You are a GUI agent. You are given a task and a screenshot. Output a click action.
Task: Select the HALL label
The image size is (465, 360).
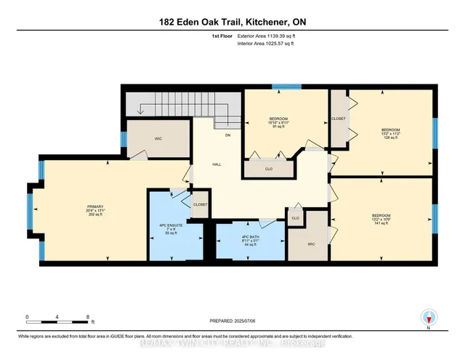point(217,164)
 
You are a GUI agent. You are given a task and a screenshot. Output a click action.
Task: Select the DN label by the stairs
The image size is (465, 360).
point(227,135)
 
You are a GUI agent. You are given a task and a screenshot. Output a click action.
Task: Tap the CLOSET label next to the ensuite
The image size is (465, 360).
point(201,204)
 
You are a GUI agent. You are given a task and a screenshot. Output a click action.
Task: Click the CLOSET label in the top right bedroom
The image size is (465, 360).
point(339,118)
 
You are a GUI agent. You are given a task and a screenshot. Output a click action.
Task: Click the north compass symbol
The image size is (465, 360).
point(429,317)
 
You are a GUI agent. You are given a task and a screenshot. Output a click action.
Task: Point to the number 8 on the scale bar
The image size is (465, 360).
point(87,317)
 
